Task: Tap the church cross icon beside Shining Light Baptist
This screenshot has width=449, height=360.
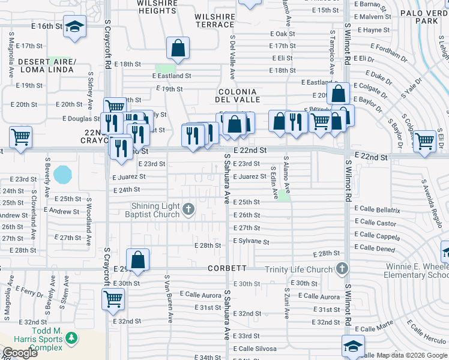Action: pos(188,209)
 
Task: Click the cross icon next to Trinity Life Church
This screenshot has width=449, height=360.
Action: pos(342,268)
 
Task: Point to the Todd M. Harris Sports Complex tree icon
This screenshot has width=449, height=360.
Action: pos(71,339)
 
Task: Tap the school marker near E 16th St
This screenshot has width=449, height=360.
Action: pos(74,27)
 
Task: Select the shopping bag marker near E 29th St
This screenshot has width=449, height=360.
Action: pos(137,260)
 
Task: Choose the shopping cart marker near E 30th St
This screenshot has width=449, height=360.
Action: pos(113,298)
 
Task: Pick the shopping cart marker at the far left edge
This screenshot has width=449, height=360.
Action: pos(21,137)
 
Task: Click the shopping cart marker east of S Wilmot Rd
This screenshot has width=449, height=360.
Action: pos(424,142)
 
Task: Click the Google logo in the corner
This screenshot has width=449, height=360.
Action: pos(19,353)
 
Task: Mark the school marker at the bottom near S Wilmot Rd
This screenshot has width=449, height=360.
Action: pos(353,346)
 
